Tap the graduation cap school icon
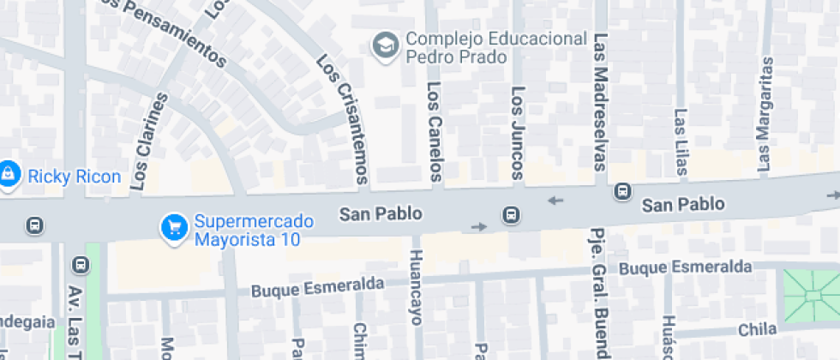pyautogui.click(x=385, y=45)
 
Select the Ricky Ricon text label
pyautogui.click(x=75, y=177)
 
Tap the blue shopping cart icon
pyautogui.click(x=175, y=227)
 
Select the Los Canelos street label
pyautogui.click(x=434, y=130)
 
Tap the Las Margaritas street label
pyautogui.click(x=765, y=114)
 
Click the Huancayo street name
pyautogui.click(x=417, y=286)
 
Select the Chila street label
pyautogui.click(x=757, y=329)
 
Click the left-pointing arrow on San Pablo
pyautogui.click(x=556, y=201)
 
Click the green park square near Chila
pyautogui.click(x=811, y=295)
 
